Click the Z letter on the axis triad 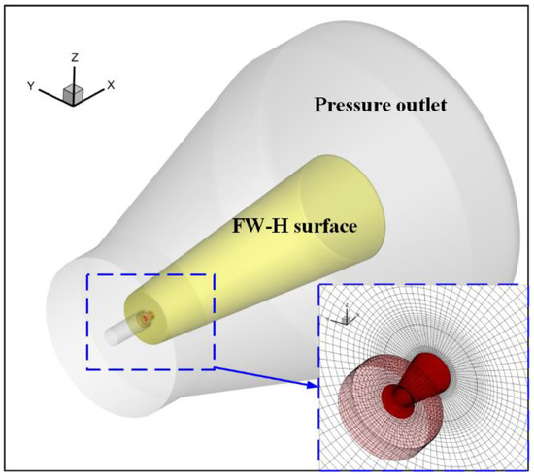click(x=75, y=58)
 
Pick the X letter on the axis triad click(x=111, y=85)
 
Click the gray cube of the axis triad click(x=73, y=92)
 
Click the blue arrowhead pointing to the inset click(x=314, y=387)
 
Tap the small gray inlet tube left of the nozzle click(x=122, y=330)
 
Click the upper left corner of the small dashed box click(x=87, y=274)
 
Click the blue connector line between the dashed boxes click(x=262, y=377)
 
